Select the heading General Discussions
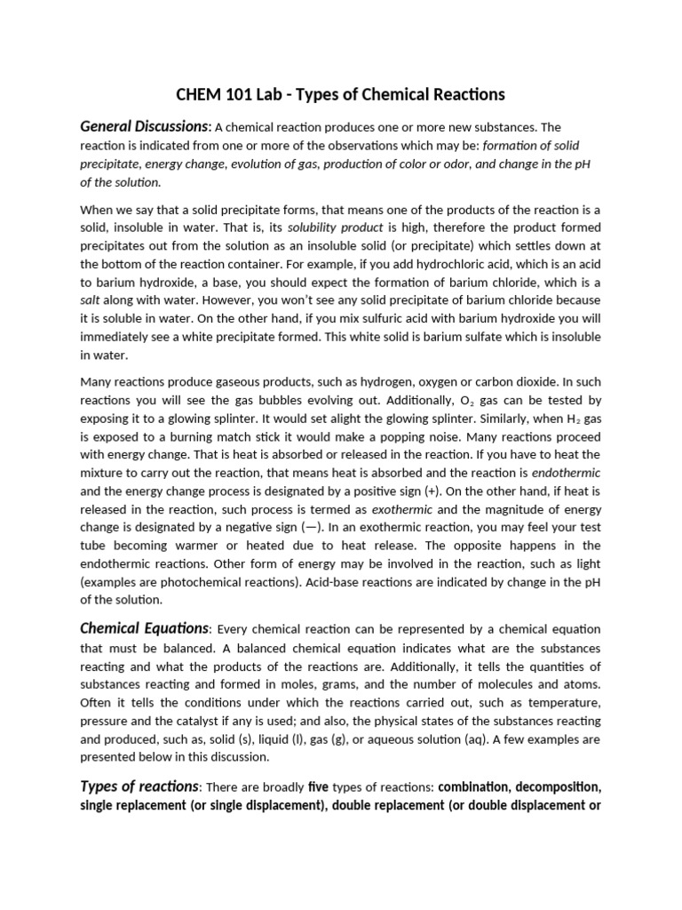tap(145, 126)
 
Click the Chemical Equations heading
tap(145, 628)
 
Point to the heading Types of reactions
tap(139, 786)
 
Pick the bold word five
tap(318, 786)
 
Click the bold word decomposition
tap(551, 786)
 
